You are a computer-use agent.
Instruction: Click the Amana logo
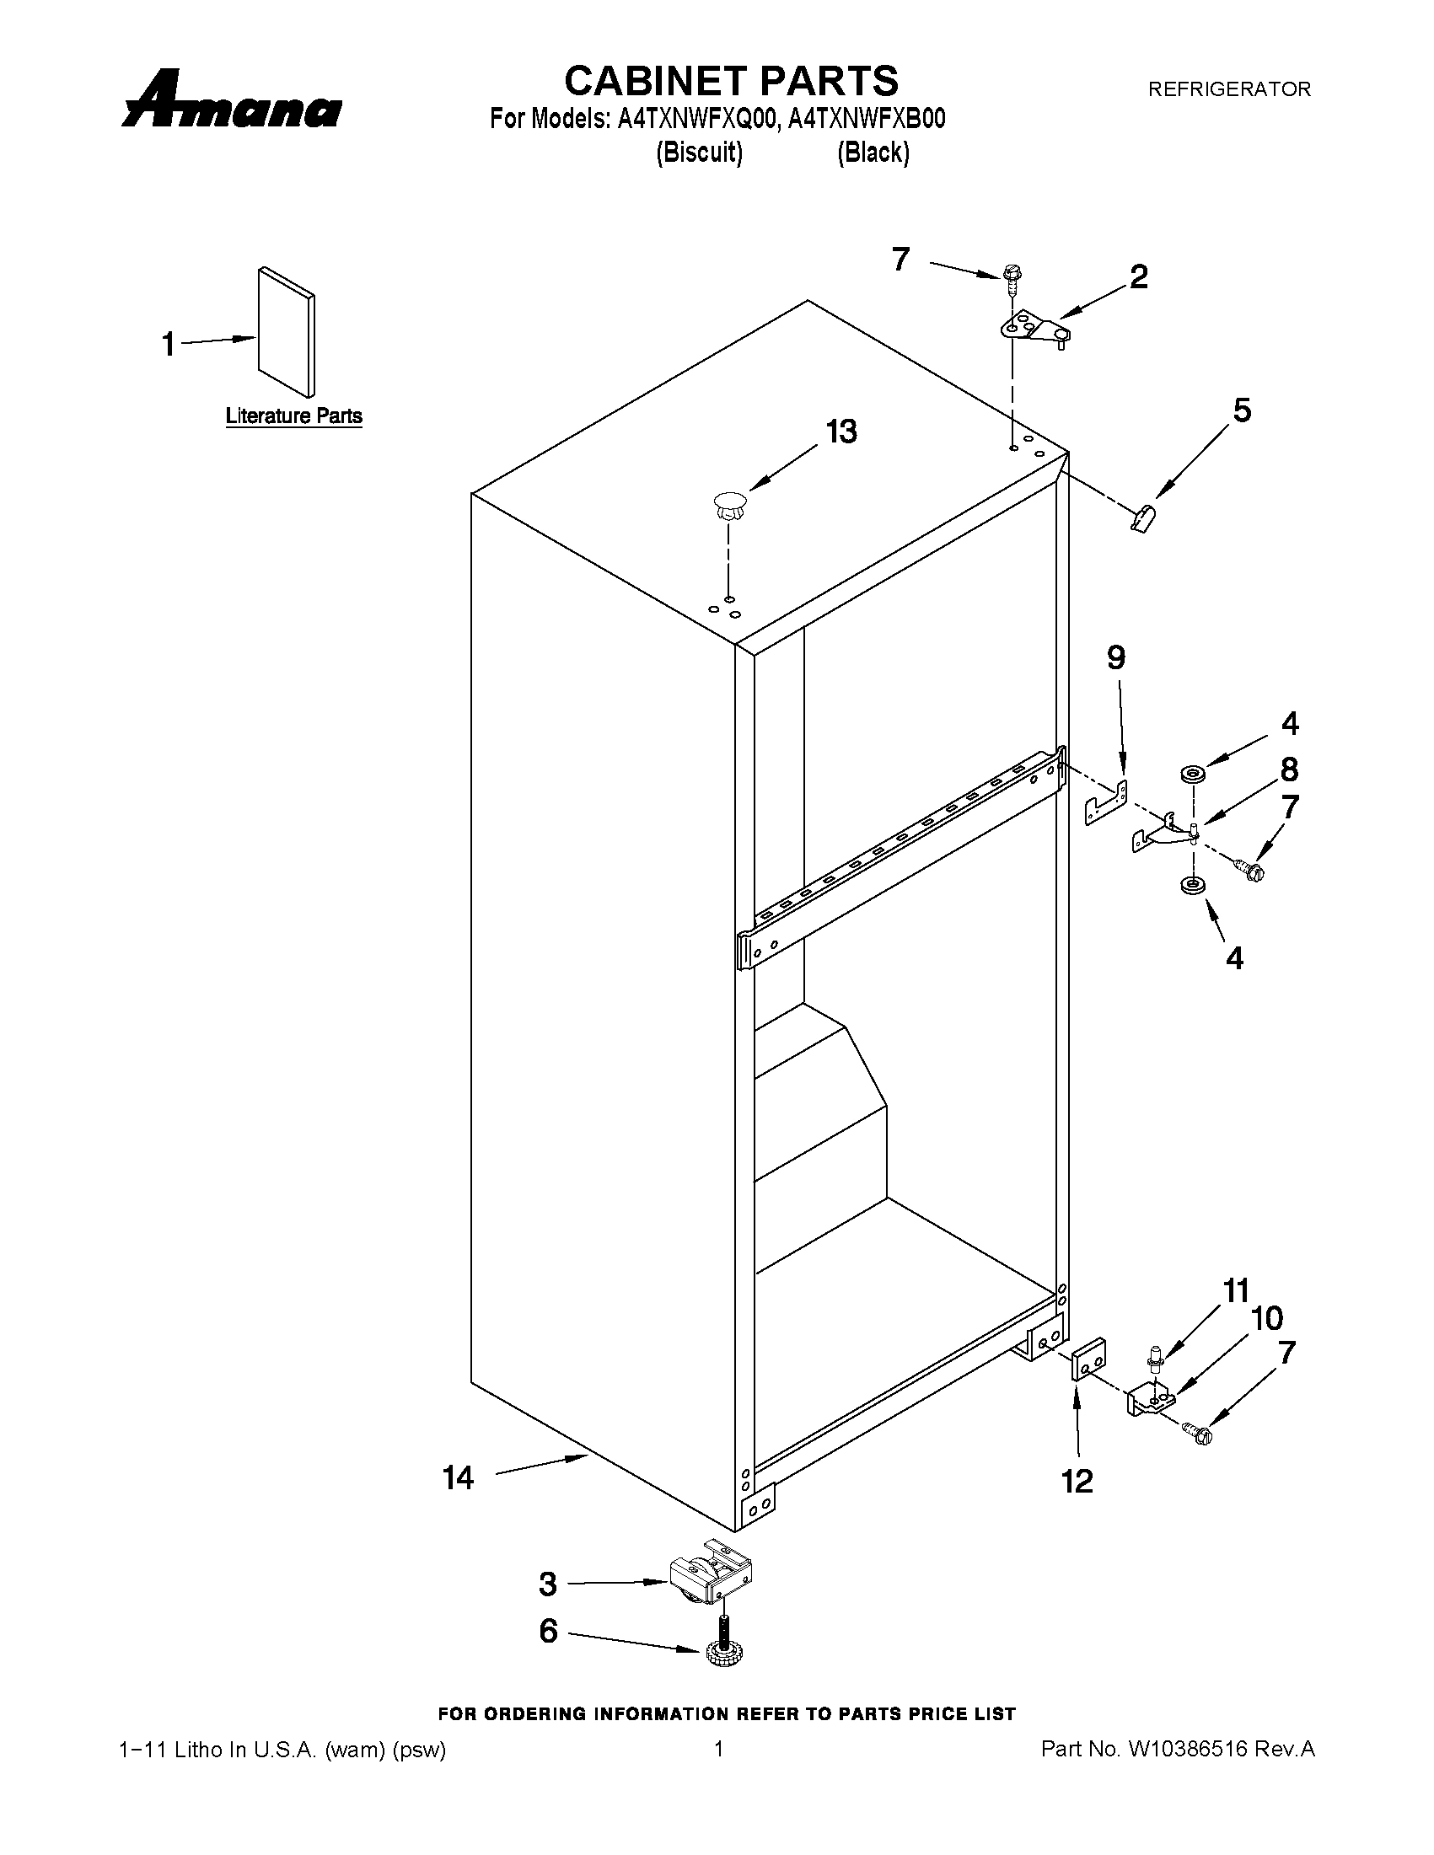coord(231,100)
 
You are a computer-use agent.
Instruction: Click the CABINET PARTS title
coord(731,81)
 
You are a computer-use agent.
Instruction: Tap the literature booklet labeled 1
coord(287,332)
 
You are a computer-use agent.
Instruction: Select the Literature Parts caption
coord(294,416)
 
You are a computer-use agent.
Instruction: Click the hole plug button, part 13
coord(729,506)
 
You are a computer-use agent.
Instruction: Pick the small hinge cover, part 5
coord(1143,515)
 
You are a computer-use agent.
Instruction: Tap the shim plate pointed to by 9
coord(1105,803)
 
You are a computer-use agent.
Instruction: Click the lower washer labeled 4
coord(1192,885)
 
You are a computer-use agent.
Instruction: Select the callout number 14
coord(458,1479)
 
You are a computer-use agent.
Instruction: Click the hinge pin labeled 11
coord(1154,1357)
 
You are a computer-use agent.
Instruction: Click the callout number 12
coord(1077,1482)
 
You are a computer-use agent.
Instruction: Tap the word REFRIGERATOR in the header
coord(1228,89)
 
